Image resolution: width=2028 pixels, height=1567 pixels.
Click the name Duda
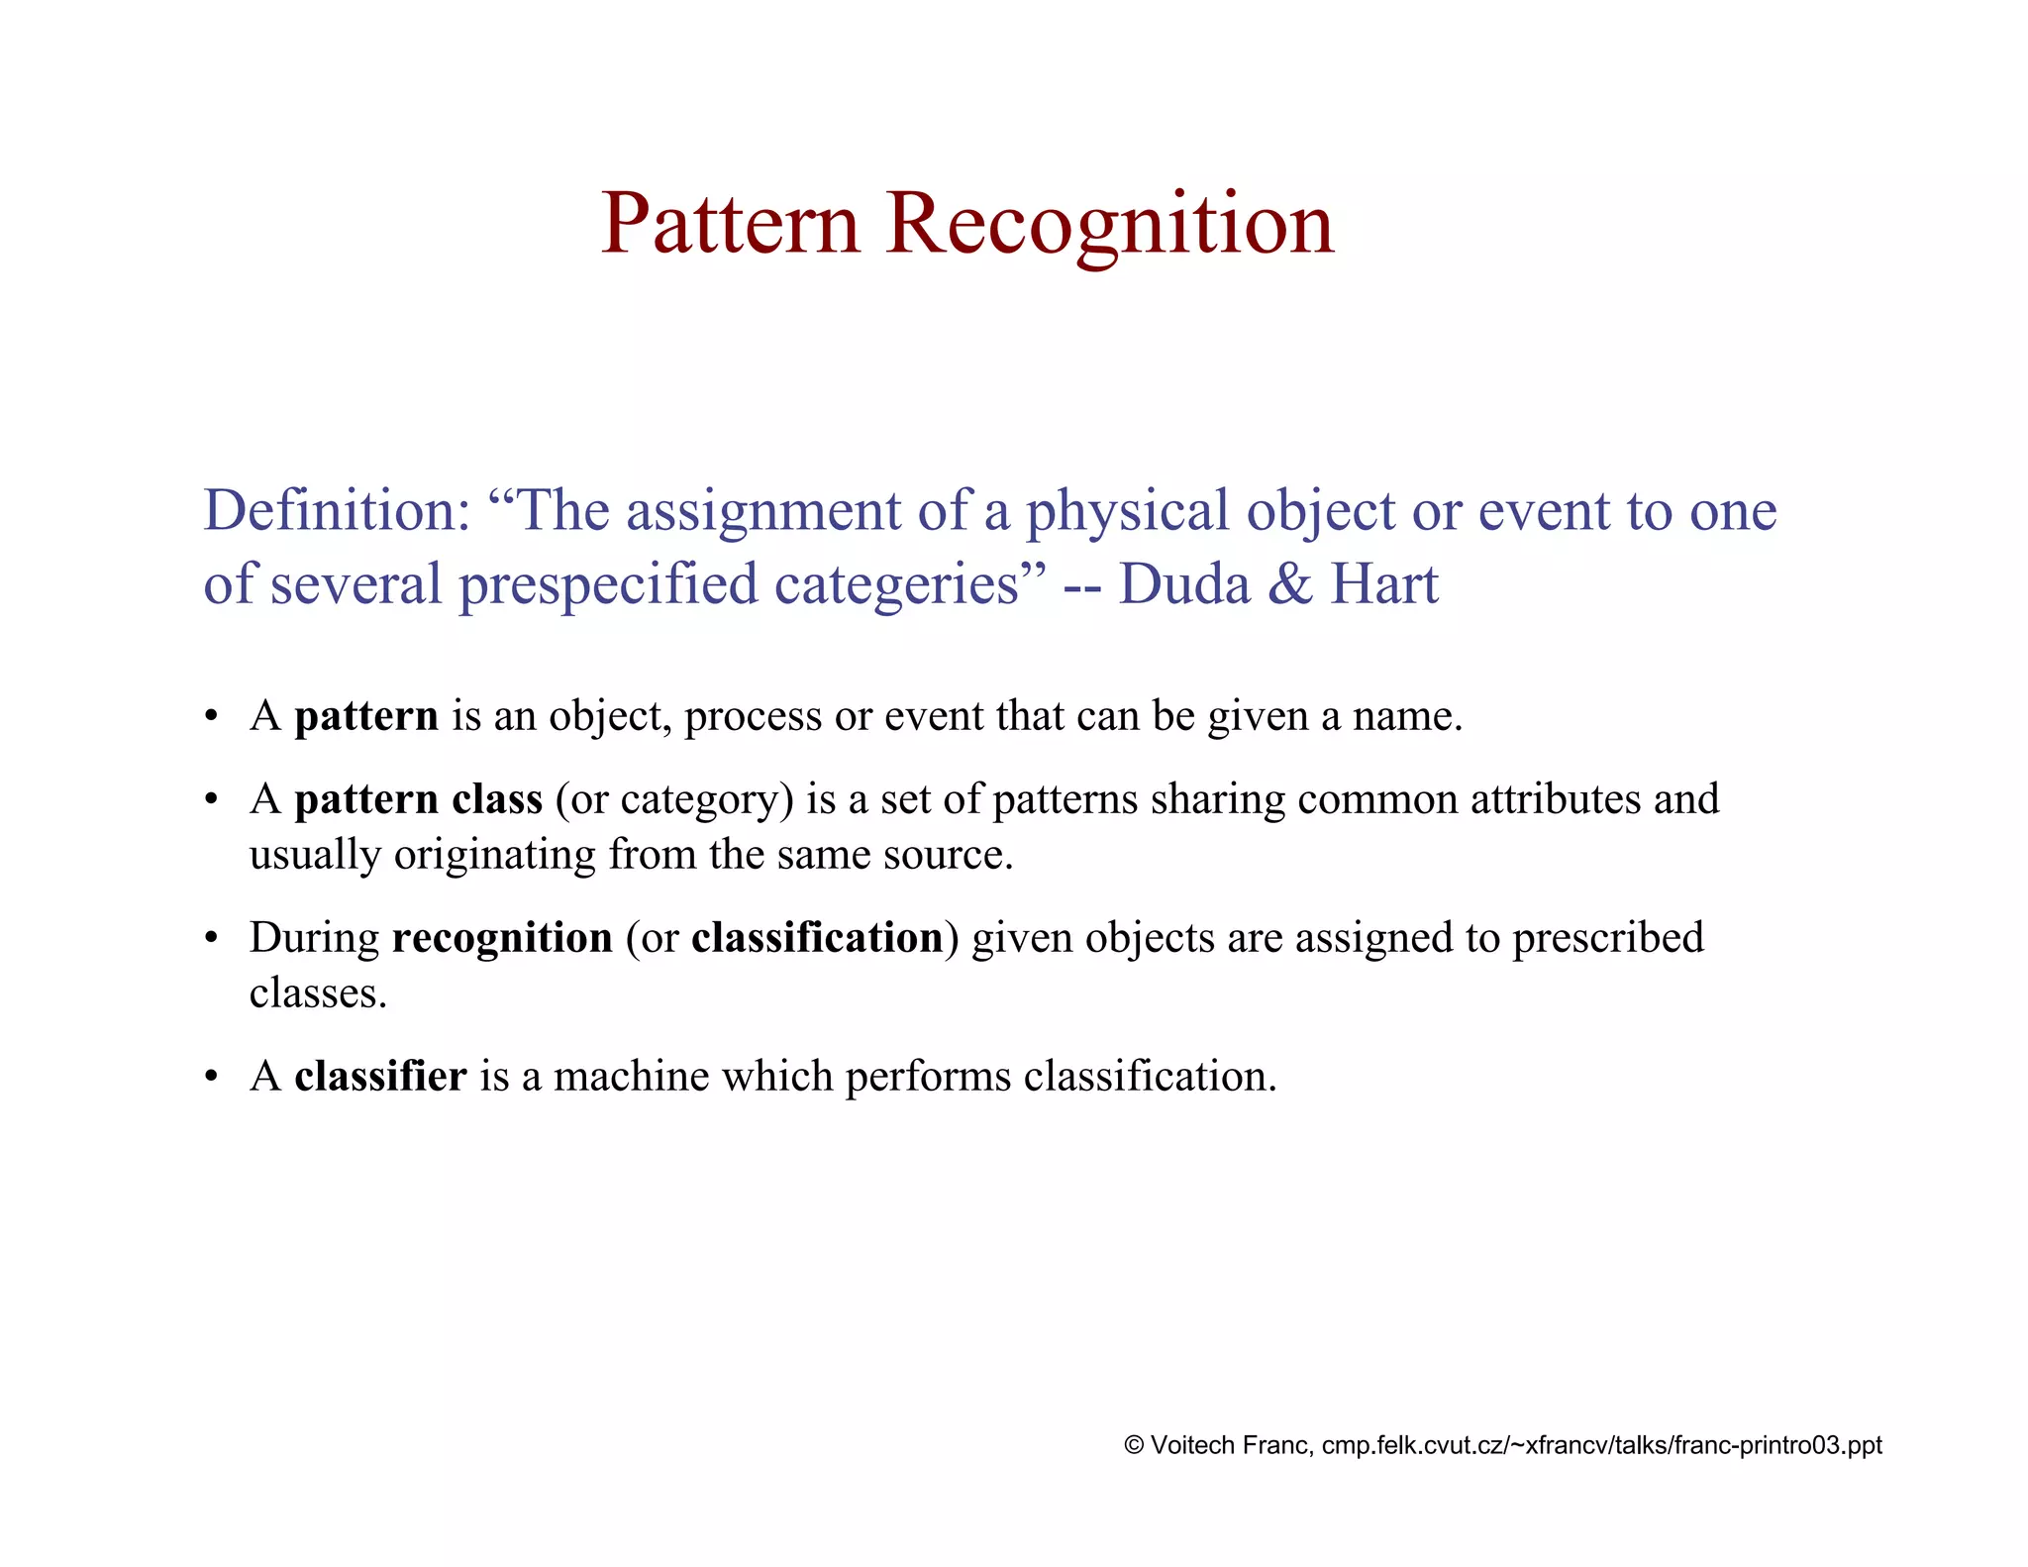click(1184, 584)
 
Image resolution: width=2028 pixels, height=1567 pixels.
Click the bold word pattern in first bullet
click(365, 716)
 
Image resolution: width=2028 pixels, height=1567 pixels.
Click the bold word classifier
click(380, 1077)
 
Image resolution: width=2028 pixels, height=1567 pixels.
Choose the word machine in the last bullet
click(631, 1077)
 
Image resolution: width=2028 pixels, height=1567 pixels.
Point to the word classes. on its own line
click(317, 993)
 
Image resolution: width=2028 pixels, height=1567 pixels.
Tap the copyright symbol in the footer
click(1134, 1445)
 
